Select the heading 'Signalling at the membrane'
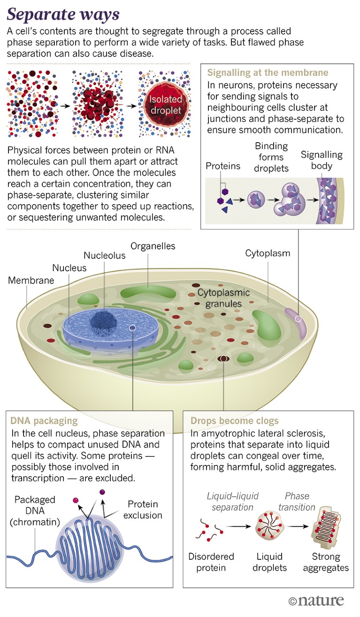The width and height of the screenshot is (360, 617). click(x=268, y=73)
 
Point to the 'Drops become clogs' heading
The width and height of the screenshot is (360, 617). click(x=234, y=420)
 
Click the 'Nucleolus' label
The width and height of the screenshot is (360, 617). click(x=104, y=255)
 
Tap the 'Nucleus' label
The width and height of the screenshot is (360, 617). click(x=69, y=268)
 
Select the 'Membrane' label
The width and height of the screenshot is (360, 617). click(x=31, y=281)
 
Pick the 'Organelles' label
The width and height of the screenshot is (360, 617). click(x=153, y=246)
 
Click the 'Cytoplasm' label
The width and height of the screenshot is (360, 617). click(x=268, y=253)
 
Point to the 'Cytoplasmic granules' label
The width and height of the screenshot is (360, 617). click(x=223, y=298)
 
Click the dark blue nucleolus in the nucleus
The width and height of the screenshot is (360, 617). click(x=104, y=320)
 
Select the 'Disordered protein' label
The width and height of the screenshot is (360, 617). click(x=211, y=562)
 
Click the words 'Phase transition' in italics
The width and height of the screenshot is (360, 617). click(x=297, y=502)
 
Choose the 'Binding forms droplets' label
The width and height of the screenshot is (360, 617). click(x=271, y=157)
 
